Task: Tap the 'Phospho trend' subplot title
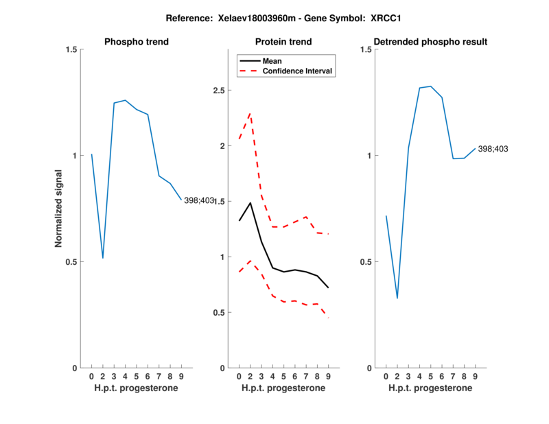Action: pyautogui.click(x=137, y=42)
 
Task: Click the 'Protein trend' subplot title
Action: pyautogui.click(x=283, y=42)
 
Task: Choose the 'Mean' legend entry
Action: pyautogui.click(x=272, y=60)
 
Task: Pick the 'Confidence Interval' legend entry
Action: pyautogui.click(x=298, y=71)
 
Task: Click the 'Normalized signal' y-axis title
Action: pyautogui.click(x=59, y=209)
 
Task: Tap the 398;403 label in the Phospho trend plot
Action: pyautogui.click(x=199, y=200)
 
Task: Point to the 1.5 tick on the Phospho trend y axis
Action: pyautogui.click(x=70, y=49)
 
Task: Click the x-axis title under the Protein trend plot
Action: pyautogui.click(x=283, y=388)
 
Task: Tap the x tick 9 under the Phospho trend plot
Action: pyautogui.click(x=181, y=377)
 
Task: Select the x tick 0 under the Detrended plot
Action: pyautogui.click(x=386, y=377)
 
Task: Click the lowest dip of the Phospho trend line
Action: pyautogui.click(x=103, y=258)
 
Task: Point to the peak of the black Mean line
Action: pyautogui.click(x=250, y=202)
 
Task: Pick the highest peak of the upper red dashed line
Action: pyautogui.click(x=250, y=113)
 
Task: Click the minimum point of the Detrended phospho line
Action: pyautogui.click(x=397, y=298)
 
